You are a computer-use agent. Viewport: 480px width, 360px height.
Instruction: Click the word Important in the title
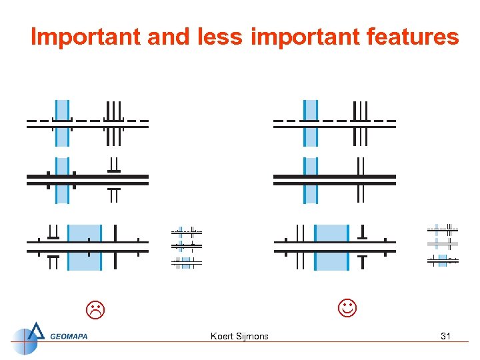pyautogui.click(x=86, y=37)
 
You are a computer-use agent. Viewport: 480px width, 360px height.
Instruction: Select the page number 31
pyautogui.click(x=445, y=336)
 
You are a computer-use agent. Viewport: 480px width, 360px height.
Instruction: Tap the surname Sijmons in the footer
pyautogui.click(x=253, y=336)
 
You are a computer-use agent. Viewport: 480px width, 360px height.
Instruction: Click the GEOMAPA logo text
pyautogui.click(x=69, y=336)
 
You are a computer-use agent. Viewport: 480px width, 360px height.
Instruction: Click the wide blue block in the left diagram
pyautogui.click(x=85, y=247)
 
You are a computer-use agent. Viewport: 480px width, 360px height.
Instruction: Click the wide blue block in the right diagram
pyautogui.click(x=331, y=247)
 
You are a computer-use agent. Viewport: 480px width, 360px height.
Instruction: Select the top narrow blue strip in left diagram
pyautogui.click(x=62, y=123)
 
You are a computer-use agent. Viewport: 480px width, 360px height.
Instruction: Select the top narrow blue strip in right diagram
pyautogui.click(x=310, y=123)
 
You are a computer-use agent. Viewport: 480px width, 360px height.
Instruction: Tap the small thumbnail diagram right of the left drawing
pyautogui.click(x=186, y=247)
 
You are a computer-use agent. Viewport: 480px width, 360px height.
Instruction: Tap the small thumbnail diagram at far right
pyautogui.click(x=443, y=245)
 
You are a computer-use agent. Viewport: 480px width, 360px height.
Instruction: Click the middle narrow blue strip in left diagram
pyautogui.click(x=62, y=180)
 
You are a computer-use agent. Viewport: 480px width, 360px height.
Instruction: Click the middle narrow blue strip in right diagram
pyautogui.click(x=310, y=180)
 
